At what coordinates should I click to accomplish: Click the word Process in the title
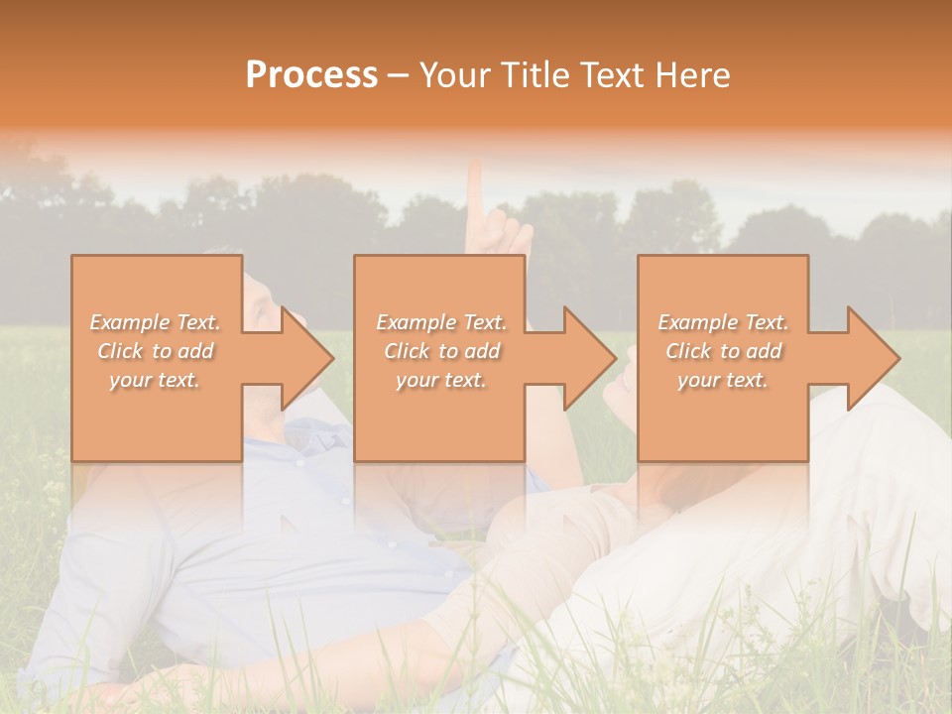311,75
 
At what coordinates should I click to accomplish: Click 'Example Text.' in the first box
156,322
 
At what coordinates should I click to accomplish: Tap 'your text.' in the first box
156,380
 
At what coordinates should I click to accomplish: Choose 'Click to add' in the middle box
441,351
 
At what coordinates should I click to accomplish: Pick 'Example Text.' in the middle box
441,322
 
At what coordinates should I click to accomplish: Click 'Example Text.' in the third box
723,322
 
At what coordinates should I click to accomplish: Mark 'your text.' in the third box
723,380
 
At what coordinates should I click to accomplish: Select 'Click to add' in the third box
723,351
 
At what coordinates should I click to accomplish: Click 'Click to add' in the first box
156,351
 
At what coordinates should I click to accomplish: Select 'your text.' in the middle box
441,380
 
